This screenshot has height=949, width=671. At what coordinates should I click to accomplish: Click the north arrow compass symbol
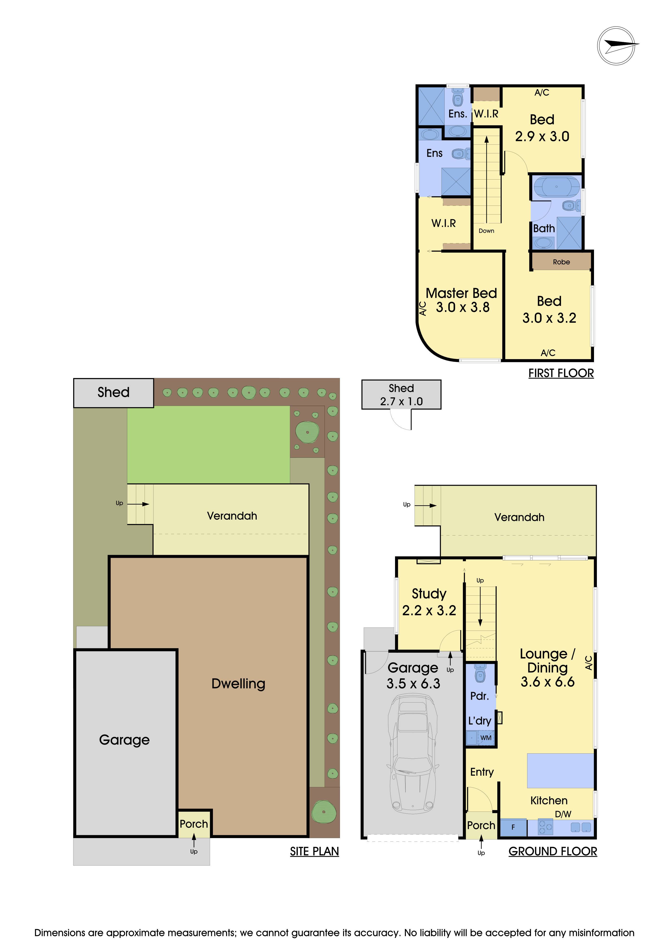click(616, 45)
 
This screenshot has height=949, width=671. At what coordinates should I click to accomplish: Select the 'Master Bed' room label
click(461, 293)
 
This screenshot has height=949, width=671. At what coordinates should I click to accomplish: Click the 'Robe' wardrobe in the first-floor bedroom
click(561, 262)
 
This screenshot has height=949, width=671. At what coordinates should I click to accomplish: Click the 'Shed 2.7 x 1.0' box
click(401, 395)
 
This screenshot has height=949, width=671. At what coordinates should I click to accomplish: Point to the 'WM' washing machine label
click(486, 738)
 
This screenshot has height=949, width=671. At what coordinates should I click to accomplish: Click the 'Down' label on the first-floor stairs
click(486, 231)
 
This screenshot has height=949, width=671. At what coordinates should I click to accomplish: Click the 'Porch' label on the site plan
click(194, 824)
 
